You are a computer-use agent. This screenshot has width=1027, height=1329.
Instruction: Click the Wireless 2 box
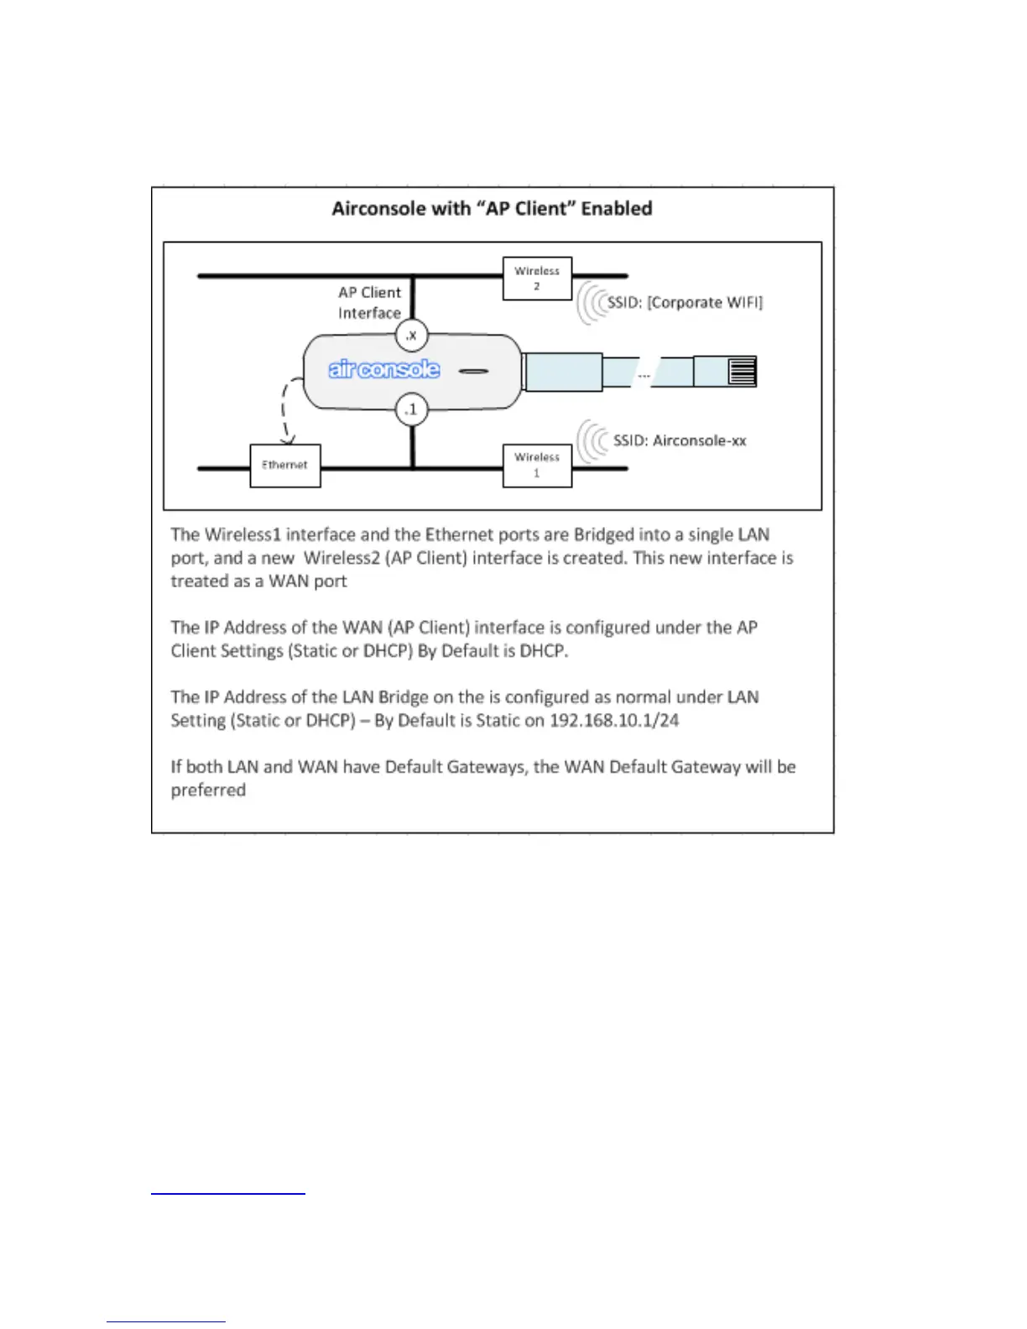tap(537, 279)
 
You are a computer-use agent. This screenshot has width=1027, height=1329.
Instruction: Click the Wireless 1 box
tap(537, 466)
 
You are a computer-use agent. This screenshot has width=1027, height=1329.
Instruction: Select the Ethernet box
tap(285, 466)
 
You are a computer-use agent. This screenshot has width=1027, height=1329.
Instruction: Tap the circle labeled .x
tap(411, 336)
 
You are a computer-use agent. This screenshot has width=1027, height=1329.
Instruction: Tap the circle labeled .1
tap(411, 409)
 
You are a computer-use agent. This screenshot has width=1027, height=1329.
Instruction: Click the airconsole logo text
tap(383, 369)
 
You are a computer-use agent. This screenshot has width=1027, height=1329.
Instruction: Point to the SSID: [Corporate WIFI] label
tap(686, 303)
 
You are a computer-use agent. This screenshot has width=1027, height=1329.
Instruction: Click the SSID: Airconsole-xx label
tap(680, 440)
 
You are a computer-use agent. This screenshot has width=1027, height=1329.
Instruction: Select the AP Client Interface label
tap(369, 303)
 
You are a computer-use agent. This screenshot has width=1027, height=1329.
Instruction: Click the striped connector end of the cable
tap(743, 371)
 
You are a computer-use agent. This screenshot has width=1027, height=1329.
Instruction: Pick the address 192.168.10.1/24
tap(614, 721)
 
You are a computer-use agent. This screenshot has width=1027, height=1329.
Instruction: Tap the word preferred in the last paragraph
tap(208, 790)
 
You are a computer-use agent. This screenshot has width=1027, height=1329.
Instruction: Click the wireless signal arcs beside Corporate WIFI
tap(592, 303)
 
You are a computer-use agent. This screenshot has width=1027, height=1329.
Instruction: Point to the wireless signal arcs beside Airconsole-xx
tap(593, 441)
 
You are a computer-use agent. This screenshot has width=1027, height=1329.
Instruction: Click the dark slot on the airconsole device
tap(473, 371)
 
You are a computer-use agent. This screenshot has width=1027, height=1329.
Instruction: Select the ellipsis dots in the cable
tap(644, 375)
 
